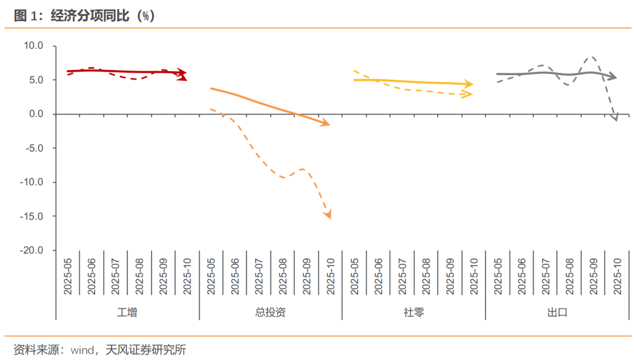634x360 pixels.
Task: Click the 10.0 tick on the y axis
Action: (x=33, y=46)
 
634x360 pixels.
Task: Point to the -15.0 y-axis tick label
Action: (x=32, y=216)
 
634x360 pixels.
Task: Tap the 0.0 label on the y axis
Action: (x=36, y=114)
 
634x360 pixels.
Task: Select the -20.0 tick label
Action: (x=32, y=250)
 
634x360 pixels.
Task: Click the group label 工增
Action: (x=127, y=312)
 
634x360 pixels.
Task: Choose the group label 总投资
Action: (x=271, y=312)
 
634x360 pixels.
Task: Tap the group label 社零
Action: (x=414, y=312)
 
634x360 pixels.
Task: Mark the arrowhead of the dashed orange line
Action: (x=328, y=215)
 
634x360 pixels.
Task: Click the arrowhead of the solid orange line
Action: (x=326, y=124)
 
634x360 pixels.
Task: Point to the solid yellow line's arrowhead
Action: (x=469, y=85)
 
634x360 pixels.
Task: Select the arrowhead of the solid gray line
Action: (x=613, y=76)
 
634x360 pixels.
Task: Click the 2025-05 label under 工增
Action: (x=68, y=277)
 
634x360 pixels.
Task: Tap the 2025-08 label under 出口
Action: (x=569, y=277)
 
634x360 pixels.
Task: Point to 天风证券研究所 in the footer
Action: (x=145, y=350)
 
